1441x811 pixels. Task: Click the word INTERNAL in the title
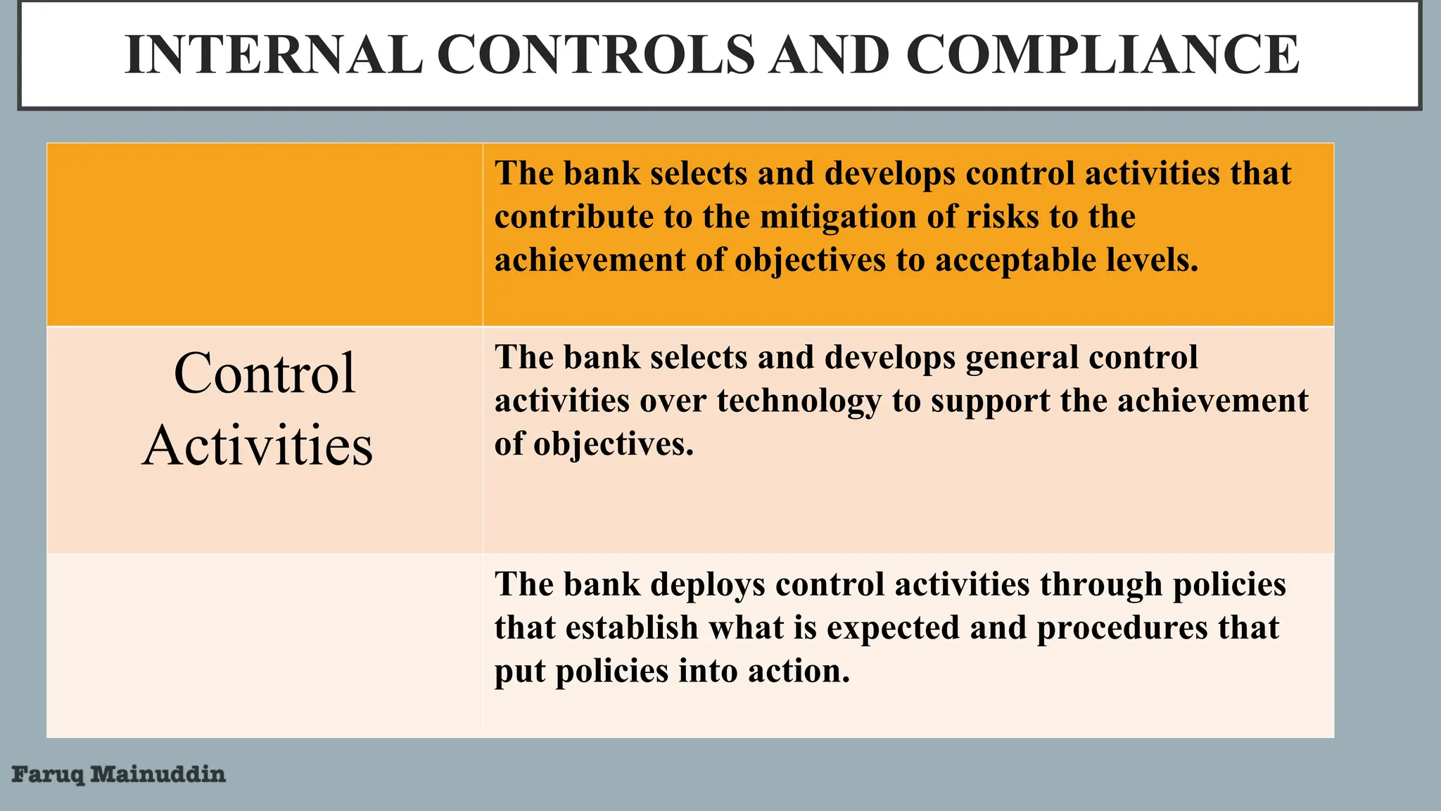[274, 55]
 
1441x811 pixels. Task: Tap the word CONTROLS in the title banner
[595, 55]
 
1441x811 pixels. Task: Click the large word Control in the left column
[265, 373]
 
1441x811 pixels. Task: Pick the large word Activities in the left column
[258, 446]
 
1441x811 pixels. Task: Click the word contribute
[573, 217]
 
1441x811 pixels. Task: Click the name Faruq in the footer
[48, 775]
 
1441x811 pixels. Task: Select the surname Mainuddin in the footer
[158, 774]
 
